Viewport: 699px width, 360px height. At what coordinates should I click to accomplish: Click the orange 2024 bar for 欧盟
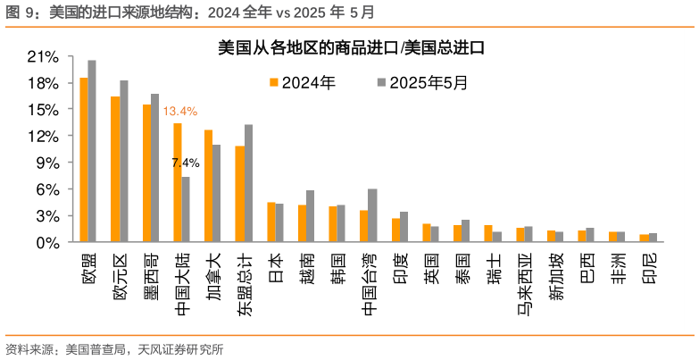(84, 160)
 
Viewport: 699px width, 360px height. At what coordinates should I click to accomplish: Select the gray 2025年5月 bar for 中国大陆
(186, 209)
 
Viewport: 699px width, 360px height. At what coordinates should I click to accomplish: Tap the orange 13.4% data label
(180, 112)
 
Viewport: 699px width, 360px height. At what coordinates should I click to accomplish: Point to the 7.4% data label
(185, 163)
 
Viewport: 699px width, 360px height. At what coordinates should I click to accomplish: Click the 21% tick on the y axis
(43, 56)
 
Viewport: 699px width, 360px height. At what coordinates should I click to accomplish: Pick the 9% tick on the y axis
(46, 163)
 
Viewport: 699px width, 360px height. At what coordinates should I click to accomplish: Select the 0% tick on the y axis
(46, 242)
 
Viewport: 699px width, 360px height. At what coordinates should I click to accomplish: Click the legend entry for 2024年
(303, 82)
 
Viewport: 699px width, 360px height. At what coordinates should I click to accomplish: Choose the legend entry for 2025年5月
(420, 82)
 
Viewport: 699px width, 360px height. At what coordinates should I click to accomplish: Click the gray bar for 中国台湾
(372, 215)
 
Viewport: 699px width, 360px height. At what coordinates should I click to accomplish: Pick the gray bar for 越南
(310, 216)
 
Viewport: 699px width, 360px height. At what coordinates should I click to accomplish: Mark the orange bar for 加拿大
(208, 186)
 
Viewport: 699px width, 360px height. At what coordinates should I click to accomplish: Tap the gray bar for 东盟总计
(248, 183)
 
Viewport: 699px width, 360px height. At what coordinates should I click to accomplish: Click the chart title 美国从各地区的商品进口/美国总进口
(350, 48)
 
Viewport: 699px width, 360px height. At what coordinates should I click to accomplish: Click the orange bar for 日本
(271, 222)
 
